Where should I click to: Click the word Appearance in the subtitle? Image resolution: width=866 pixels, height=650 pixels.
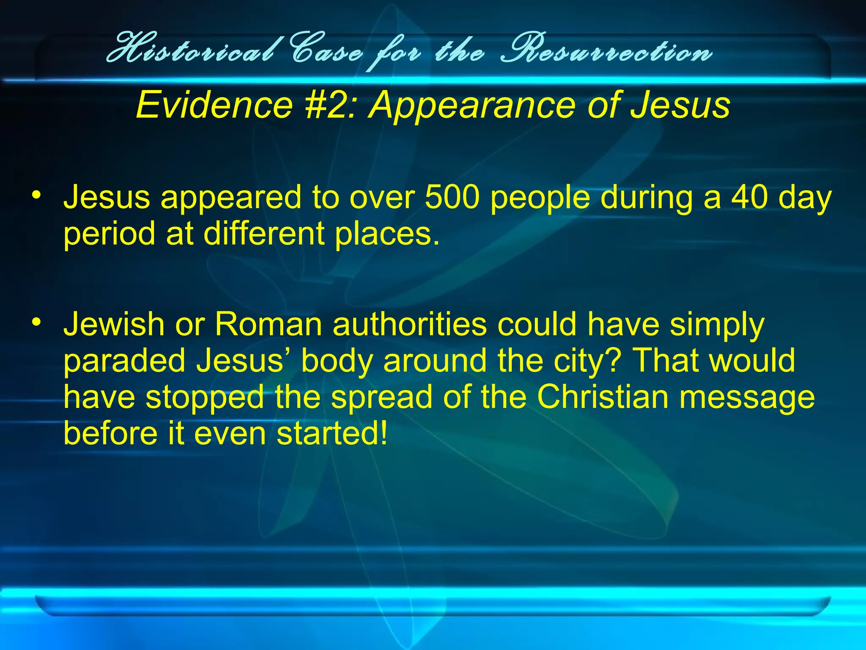coord(471,105)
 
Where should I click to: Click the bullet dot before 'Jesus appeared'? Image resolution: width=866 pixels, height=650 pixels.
coord(37,196)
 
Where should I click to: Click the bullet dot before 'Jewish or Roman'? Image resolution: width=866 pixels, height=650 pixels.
coord(37,322)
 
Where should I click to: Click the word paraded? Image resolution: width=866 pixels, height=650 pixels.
coord(124,361)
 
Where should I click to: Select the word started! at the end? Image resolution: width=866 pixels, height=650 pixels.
coord(332,433)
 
